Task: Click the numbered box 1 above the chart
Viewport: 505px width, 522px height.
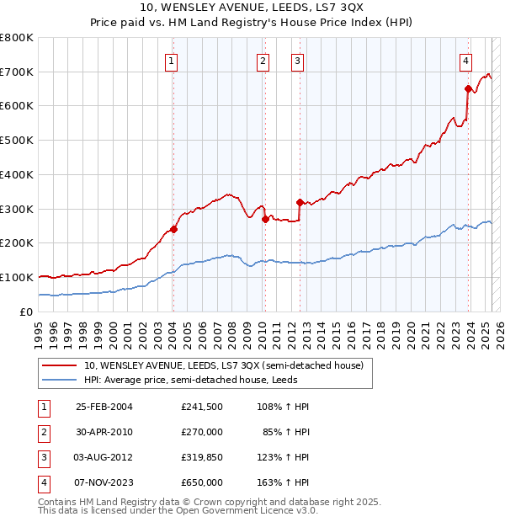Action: (x=172, y=60)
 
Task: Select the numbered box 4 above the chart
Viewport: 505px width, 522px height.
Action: (x=465, y=60)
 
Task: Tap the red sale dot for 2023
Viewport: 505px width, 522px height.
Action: (x=468, y=88)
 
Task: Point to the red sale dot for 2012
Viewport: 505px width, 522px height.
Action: (x=300, y=202)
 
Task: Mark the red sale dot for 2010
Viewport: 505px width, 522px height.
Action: (x=265, y=219)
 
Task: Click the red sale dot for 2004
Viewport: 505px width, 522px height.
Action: (x=173, y=229)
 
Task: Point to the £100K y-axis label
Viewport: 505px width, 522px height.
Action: (x=17, y=277)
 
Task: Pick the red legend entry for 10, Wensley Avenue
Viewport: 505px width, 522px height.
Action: (x=223, y=365)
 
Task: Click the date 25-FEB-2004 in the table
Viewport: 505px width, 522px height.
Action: (x=104, y=407)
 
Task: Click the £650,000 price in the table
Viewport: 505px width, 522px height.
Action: (x=202, y=482)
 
